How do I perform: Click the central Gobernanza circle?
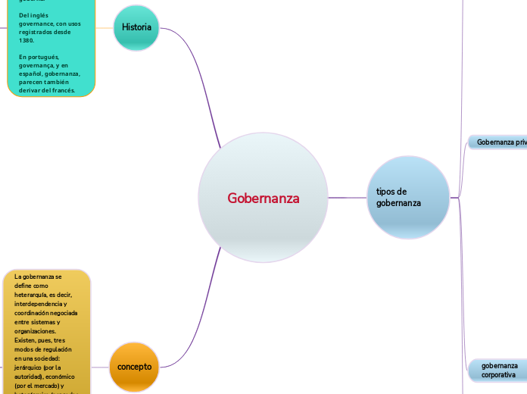coord(263,198)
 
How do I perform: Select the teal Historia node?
coord(136,28)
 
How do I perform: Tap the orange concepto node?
coord(134,367)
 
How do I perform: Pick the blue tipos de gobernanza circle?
coord(408,197)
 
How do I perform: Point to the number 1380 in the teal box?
coord(27,40)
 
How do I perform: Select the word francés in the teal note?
coord(63,90)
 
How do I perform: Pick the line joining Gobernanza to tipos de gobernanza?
coord(348,198)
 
